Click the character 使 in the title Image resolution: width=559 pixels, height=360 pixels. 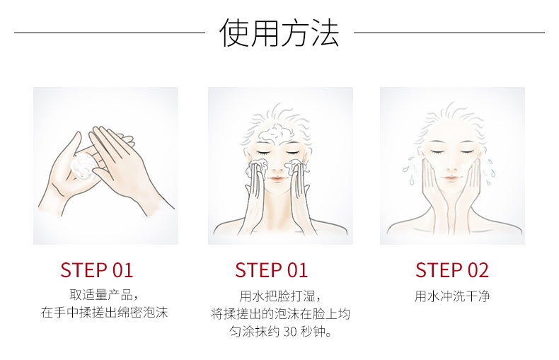click(234, 33)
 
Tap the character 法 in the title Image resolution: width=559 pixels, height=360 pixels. click(324, 33)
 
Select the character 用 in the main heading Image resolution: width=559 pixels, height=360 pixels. click(264, 33)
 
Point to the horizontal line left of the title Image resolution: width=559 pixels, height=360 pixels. click(110, 33)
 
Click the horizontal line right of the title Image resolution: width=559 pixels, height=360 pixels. click(449, 33)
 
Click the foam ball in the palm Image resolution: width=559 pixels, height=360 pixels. click(82, 166)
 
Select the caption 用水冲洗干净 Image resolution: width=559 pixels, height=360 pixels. click(452, 296)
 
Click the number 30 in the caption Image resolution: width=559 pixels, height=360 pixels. click(290, 332)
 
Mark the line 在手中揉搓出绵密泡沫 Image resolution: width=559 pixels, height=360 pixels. click(104, 313)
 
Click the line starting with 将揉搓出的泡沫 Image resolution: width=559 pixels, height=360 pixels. click(280, 314)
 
